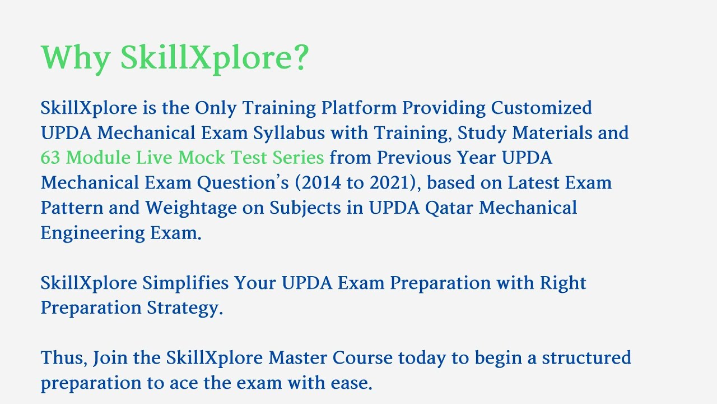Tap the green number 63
tap(50, 158)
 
